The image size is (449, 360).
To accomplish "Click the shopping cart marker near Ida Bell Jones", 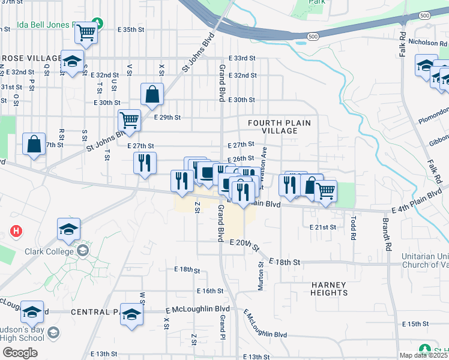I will coord(86,32).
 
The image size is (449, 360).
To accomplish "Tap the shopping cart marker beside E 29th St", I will coord(130,121).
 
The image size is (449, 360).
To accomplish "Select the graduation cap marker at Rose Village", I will coord(73,62).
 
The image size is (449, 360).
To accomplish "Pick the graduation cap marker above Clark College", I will coord(69,229).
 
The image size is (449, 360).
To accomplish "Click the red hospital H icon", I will coord(17,230).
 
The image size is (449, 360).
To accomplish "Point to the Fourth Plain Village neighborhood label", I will coord(279,127).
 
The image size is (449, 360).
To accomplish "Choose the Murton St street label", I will coord(261,276).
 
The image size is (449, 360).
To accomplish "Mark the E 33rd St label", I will coord(243,58).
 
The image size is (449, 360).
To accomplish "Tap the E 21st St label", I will coord(323,227).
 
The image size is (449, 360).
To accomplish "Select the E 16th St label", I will coord(209,291).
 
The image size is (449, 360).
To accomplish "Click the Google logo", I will coord(20,352).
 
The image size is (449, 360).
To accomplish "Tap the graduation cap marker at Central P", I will coord(132,314).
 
